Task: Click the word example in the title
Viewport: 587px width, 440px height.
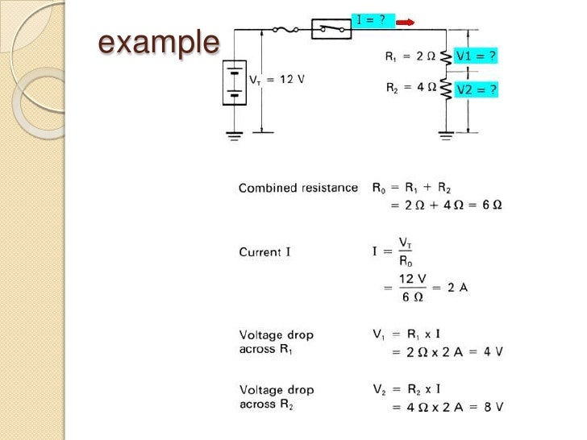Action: pos(158,42)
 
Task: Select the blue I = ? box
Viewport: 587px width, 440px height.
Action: pos(373,20)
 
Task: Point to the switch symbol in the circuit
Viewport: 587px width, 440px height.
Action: pos(331,29)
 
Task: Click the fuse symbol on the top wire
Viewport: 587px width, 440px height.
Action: pos(285,30)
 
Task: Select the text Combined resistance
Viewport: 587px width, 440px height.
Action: pos(298,188)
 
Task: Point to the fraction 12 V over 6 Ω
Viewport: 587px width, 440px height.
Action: pos(412,288)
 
